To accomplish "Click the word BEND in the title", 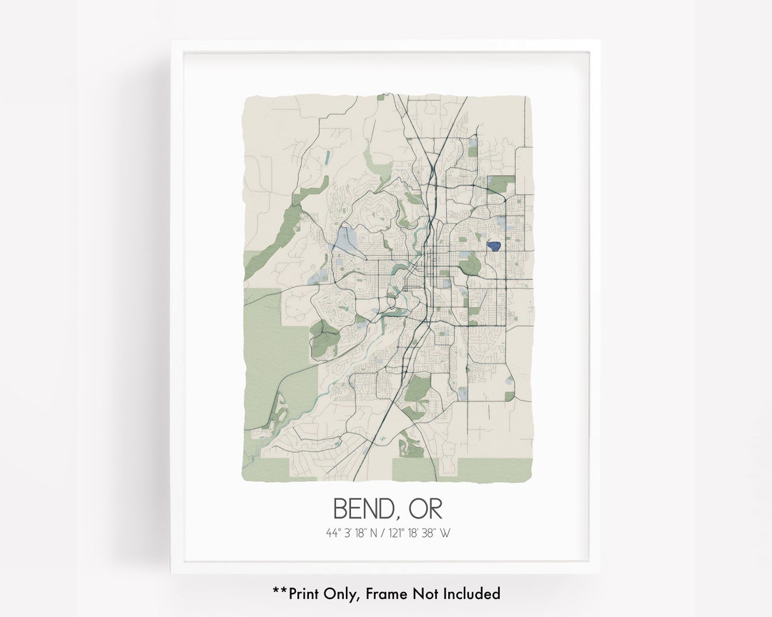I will [361, 508].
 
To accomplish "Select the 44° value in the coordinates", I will [333, 533].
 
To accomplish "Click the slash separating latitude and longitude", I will [387, 533].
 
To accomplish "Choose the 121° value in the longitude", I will [400, 533].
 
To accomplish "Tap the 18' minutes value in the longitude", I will [417, 533].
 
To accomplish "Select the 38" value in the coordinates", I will [432, 533].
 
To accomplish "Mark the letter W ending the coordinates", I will [446, 533].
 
